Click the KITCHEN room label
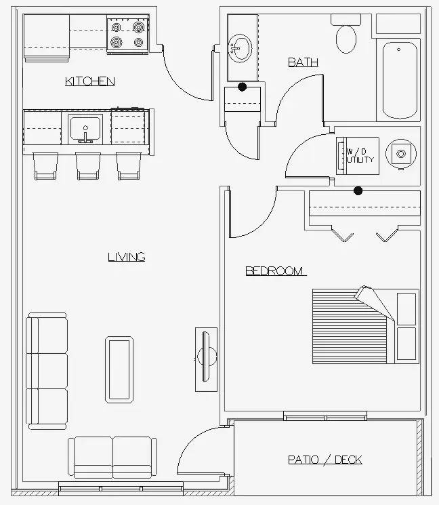tap(90, 81)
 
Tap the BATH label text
tap(304, 62)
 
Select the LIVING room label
tap(127, 257)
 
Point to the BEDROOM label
tap(274, 271)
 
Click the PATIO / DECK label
tap(325, 460)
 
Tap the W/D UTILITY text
tap(360, 155)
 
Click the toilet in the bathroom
tap(346, 34)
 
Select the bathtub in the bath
tap(400, 80)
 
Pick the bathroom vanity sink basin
tap(240, 48)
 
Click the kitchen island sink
tap(85, 129)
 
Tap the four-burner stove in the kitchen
tap(128, 34)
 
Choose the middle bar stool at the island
tap(88, 165)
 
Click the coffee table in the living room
tap(119, 369)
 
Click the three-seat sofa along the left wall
tap(47, 371)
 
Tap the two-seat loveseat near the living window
tap(112, 458)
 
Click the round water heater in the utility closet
tap(400, 154)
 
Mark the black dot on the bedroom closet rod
tap(358, 190)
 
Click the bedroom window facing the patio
tap(325, 416)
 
